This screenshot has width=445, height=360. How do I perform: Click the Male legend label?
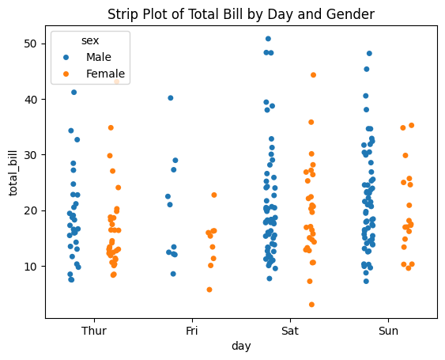pyautogui.click(x=100, y=58)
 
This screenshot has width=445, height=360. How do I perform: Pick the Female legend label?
pyautogui.click(x=106, y=74)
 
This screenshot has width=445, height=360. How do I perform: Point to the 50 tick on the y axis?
pyautogui.click(x=30, y=44)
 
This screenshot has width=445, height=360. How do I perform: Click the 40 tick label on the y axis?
pyautogui.click(x=30, y=99)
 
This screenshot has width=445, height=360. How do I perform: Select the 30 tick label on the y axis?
pyautogui.click(x=30, y=155)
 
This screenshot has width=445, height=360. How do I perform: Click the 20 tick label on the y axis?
pyautogui.click(x=30, y=210)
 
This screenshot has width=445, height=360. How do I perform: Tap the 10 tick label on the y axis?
pyautogui.click(x=30, y=266)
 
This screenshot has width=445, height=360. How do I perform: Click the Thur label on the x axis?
pyautogui.click(x=94, y=331)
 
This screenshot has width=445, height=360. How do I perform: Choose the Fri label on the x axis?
pyautogui.click(x=192, y=331)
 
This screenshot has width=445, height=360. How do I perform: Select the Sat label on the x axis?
pyautogui.click(x=290, y=331)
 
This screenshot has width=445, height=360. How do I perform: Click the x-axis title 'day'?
pyautogui.click(x=241, y=347)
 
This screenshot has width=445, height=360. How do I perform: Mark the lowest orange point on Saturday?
pyautogui.click(x=312, y=305)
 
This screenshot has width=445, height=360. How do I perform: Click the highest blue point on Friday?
pyautogui.click(x=171, y=98)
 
